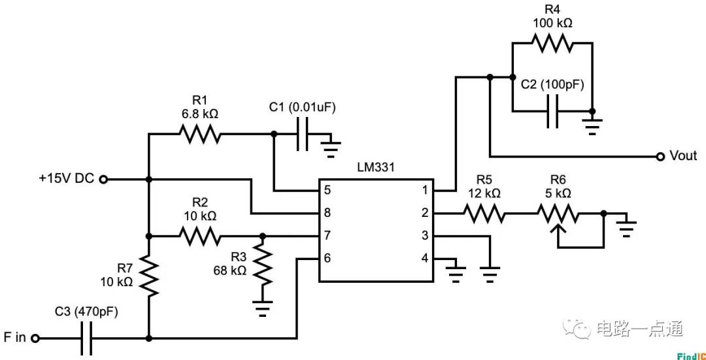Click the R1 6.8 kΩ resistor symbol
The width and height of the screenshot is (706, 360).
tap(200, 135)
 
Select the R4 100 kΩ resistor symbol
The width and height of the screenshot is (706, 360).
tap(552, 43)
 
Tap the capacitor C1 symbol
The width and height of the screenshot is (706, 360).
tap(302, 135)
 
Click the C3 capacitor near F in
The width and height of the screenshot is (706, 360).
tap(87, 338)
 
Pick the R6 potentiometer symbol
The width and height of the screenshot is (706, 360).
tap(558, 213)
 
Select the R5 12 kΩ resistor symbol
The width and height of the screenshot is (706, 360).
tap(484, 213)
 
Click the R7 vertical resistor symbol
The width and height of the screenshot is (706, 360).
tap(149, 274)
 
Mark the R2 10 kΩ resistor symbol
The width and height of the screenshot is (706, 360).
tap(200, 236)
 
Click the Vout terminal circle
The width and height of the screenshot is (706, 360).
tap(660, 156)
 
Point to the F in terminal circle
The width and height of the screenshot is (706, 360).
tap(35, 338)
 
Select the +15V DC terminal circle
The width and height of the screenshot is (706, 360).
tap(103, 178)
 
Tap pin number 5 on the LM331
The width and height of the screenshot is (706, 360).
tap(327, 190)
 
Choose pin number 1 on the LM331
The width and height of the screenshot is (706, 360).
tap(425, 190)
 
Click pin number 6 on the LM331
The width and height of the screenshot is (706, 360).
tap(327, 258)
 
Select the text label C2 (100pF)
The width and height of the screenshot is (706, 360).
tap(552, 85)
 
